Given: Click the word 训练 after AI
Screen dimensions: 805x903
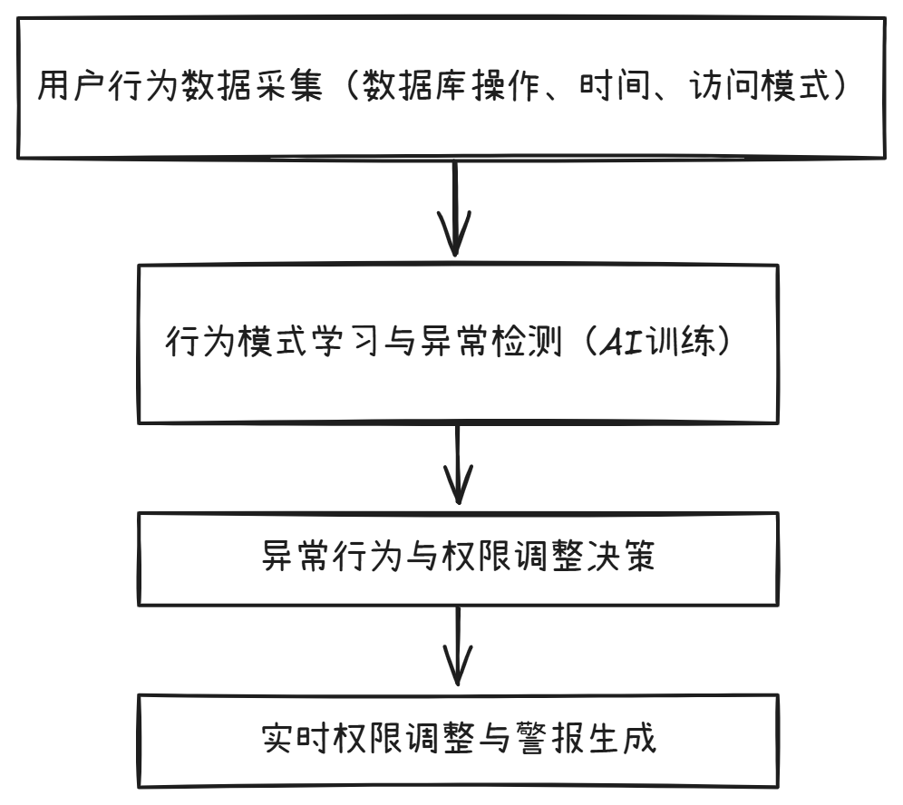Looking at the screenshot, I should click(x=688, y=342).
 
